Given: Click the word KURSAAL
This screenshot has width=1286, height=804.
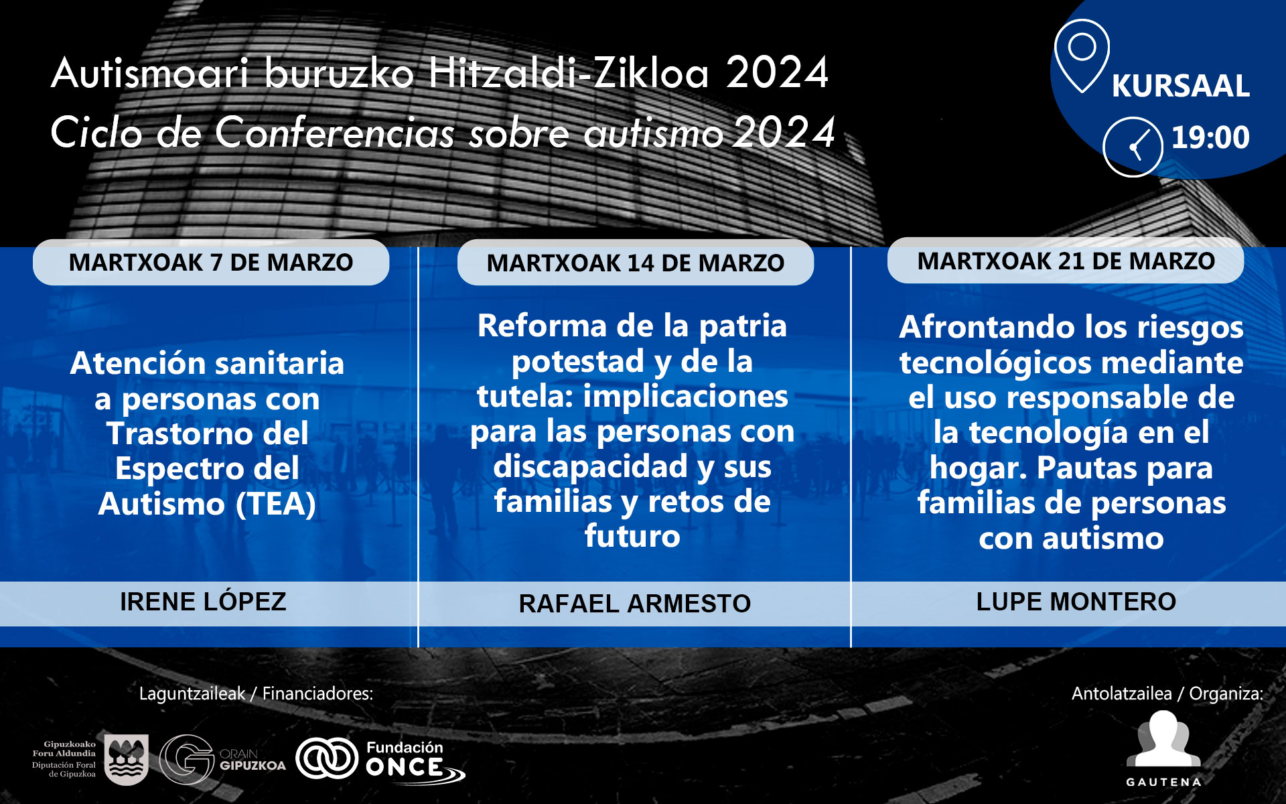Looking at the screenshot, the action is (x=1181, y=86).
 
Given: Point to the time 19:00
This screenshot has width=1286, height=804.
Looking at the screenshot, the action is (x=1210, y=137).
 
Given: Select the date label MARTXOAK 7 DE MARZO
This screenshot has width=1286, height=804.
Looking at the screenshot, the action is (x=211, y=263).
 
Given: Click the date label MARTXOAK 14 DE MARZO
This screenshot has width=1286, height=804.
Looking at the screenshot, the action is (x=636, y=263).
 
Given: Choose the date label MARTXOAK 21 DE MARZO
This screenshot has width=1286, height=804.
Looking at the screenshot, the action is (x=1066, y=261).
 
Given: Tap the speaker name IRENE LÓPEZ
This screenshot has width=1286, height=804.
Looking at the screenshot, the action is (x=203, y=601).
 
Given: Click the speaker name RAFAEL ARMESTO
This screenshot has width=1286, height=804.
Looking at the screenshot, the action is (x=635, y=604).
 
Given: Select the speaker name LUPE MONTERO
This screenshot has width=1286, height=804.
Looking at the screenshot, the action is (x=1076, y=602).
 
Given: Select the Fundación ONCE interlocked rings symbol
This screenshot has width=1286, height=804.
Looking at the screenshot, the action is (x=327, y=758).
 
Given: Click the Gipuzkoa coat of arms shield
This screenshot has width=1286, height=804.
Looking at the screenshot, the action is (x=127, y=760).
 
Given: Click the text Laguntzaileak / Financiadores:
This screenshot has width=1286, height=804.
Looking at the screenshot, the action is (x=256, y=693).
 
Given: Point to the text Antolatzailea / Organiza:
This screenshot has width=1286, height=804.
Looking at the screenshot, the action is (x=1167, y=693).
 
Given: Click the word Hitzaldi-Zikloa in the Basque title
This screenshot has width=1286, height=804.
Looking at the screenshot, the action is (x=568, y=73).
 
